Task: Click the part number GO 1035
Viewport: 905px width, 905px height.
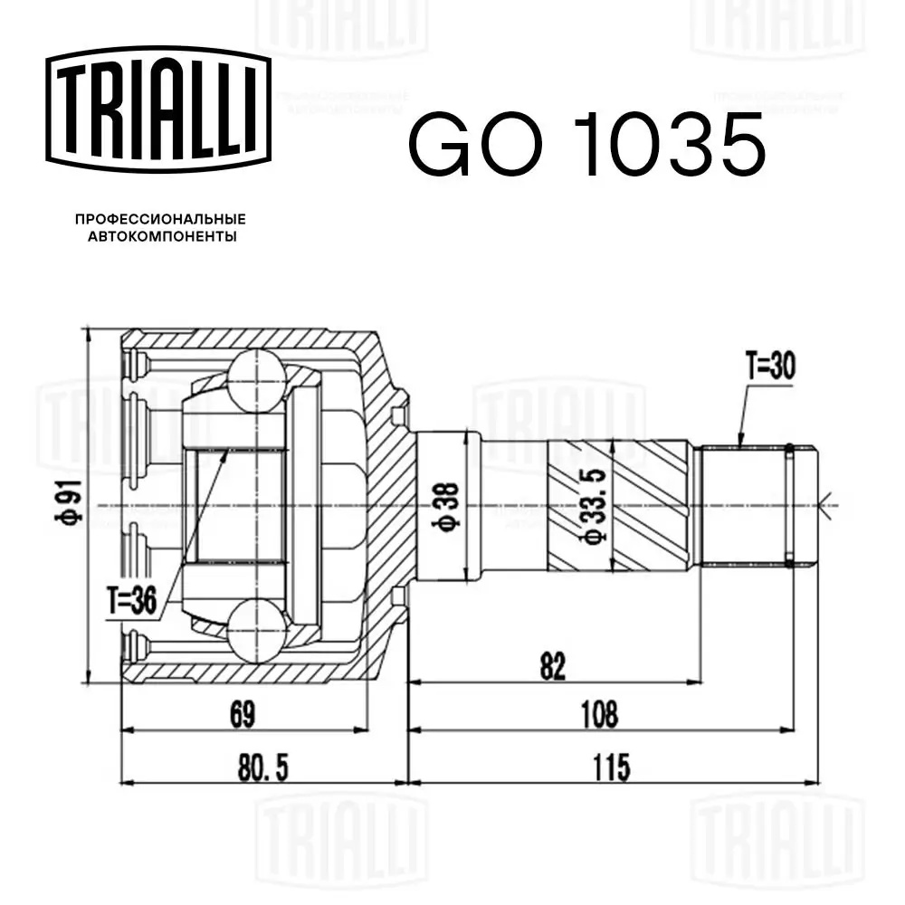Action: tap(587, 145)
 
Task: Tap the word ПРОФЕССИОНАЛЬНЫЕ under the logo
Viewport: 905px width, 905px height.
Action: tap(160, 219)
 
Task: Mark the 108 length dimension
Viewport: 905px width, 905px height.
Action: tap(598, 714)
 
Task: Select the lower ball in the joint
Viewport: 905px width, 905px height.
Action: tap(257, 630)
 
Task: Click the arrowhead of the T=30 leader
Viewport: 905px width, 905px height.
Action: tap(740, 444)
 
